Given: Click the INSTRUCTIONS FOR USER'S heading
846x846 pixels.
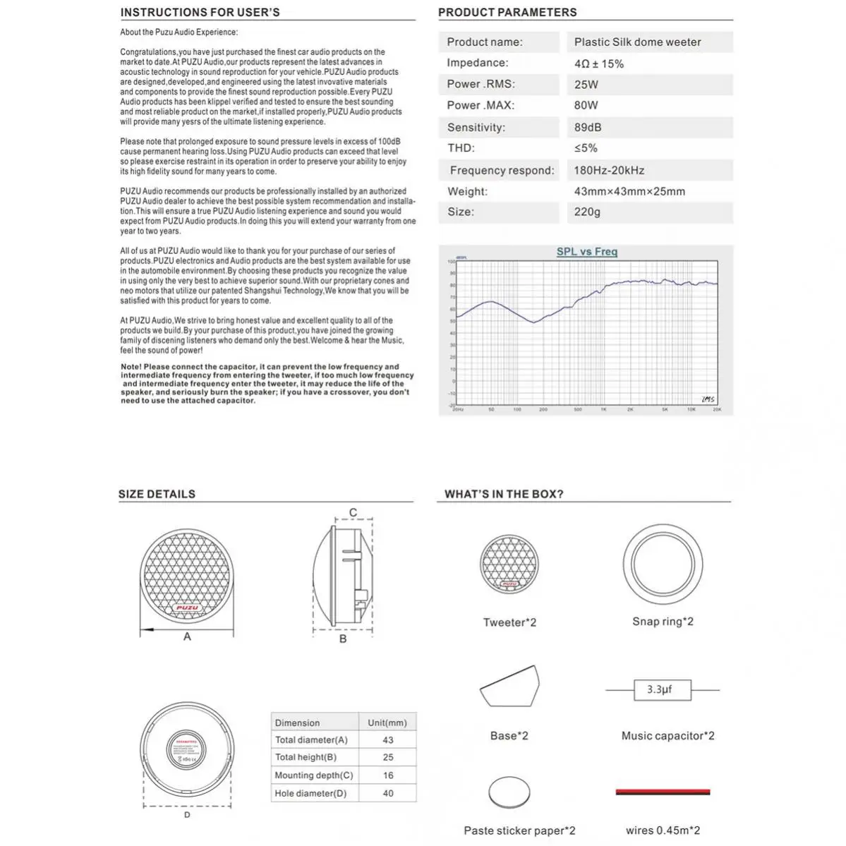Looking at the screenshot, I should tap(200, 12).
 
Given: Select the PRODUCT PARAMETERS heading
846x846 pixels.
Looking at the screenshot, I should tap(507, 12).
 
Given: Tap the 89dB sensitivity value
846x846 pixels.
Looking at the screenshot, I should tap(588, 128).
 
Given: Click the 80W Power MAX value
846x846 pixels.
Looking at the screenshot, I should tap(586, 105).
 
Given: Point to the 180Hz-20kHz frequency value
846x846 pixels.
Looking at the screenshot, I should tap(609, 170).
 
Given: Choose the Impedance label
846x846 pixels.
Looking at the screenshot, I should tap(477, 63).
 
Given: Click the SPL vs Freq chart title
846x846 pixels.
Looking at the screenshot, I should tap(586, 252).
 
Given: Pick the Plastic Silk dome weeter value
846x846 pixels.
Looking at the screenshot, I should tap(637, 42).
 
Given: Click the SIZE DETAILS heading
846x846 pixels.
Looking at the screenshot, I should tap(157, 494).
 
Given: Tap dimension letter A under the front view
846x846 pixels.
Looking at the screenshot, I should tap(187, 636).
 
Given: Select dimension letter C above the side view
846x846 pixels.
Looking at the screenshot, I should tap(353, 513).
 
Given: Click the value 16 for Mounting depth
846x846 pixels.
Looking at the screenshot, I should tap(387, 775).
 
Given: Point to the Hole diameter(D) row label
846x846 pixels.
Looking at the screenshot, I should tap(310, 793).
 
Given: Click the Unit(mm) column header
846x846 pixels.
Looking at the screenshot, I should tap(387, 723).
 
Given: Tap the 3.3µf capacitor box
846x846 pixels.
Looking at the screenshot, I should tap(659, 689).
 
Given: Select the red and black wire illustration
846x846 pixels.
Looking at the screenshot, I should tap(663, 792).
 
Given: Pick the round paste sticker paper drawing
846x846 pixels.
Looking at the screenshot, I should tap(509, 793).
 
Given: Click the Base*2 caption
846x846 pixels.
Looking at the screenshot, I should tap(509, 735).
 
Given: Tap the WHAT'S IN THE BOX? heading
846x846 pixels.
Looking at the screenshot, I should tap(504, 494).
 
